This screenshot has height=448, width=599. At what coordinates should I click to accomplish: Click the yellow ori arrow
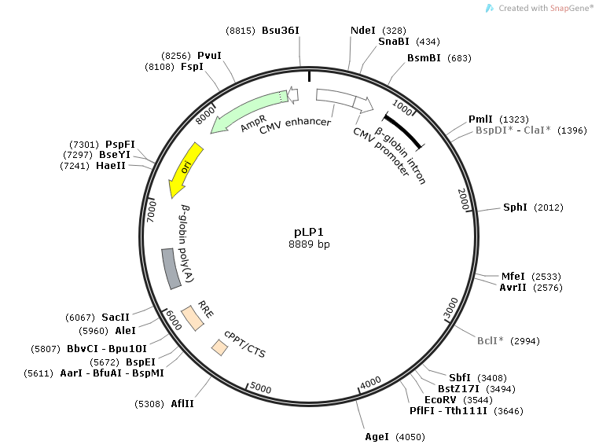pyautogui.click(x=186, y=169)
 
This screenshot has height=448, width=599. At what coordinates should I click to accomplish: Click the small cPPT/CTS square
pyautogui.click(x=219, y=347)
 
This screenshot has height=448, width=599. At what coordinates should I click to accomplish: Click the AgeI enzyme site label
pyautogui.click(x=377, y=436)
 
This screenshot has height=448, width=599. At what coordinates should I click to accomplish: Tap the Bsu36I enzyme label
pyautogui.click(x=281, y=30)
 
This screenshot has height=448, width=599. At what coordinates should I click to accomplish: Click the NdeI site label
pyautogui.click(x=362, y=30)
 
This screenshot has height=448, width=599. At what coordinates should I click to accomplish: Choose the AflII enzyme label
pyautogui.click(x=182, y=403)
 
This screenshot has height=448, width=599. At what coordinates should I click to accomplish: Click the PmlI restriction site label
pyautogui.click(x=480, y=119)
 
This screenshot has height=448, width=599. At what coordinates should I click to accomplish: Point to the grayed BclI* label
pyautogui.click(x=492, y=341)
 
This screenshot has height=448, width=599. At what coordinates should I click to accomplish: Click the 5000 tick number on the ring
pyautogui.click(x=261, y=389)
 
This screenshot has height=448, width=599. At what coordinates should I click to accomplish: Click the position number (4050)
pyautogui.click(x=410, y=436)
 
